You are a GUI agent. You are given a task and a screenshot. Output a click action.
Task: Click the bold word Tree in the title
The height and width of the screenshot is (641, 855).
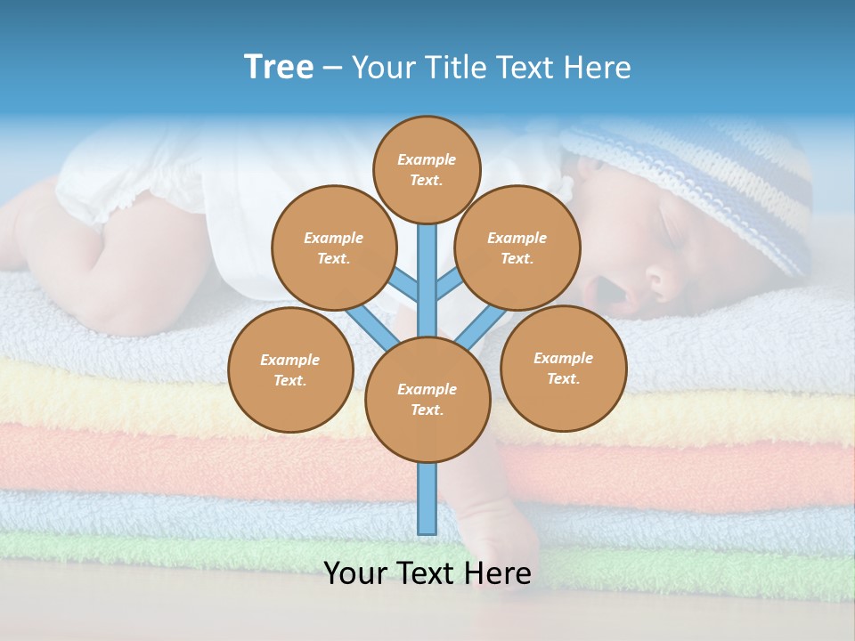279,67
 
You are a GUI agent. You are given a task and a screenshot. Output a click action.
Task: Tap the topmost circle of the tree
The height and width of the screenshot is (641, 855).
427,169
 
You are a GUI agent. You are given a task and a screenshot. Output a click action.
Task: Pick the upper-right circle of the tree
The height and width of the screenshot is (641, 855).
517,247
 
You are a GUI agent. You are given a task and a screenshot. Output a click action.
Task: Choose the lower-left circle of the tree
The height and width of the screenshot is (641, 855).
290,369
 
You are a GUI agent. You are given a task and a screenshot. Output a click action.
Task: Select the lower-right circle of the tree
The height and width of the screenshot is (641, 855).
563,368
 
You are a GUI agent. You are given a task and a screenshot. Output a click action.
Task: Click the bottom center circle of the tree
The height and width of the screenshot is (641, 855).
427,399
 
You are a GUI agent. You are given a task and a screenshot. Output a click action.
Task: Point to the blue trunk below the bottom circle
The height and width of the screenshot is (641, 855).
427,499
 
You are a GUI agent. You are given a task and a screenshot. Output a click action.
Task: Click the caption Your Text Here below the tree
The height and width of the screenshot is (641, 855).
427,573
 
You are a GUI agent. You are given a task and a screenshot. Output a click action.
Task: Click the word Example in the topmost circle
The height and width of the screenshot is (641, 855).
427,159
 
